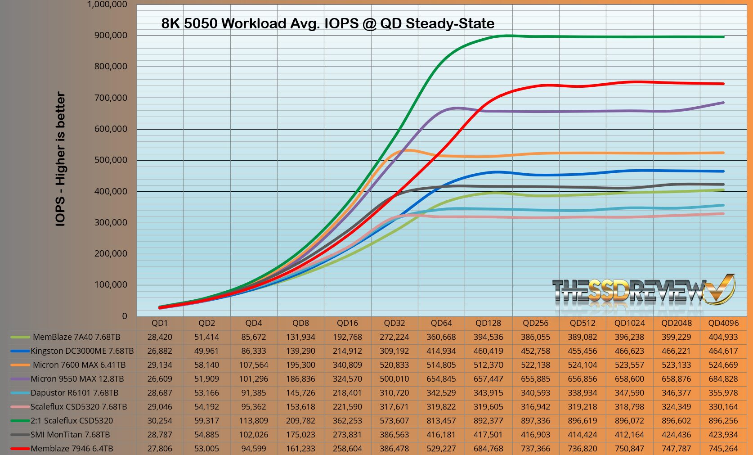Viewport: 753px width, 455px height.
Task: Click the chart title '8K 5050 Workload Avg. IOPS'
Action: click(x=327, y=23)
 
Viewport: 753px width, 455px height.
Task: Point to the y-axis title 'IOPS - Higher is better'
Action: click(x=61, y=159)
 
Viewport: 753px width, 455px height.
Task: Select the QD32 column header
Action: click(x=394, y=323)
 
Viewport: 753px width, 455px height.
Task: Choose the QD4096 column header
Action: click(x=723, y=323)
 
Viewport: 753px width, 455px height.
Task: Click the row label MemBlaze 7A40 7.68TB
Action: click(x=76, y=337)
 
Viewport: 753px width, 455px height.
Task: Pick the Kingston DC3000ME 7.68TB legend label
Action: click(x=82, y=351)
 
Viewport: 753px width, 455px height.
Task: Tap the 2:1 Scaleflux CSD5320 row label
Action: click(x=72, y=421)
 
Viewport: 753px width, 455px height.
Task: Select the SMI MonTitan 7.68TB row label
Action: click(x=70, y=435)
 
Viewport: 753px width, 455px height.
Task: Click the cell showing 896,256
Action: click(x=723, y=421)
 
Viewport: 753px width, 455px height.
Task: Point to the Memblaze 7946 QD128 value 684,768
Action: click(x=488, y=449)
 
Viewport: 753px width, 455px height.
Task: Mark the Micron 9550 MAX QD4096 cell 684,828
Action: click(x=723, y=379)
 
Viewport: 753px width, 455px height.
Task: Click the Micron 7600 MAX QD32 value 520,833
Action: click(x=394, y=365)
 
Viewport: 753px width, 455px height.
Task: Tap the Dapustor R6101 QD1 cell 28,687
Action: click(x=160, y=393)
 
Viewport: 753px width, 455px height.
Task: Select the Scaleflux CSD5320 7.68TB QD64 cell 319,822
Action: click(x=441, y=407)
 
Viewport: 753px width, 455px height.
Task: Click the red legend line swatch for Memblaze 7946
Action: click(x=20, y=449)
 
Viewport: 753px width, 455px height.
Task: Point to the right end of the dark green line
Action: click(x=723, y=37)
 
